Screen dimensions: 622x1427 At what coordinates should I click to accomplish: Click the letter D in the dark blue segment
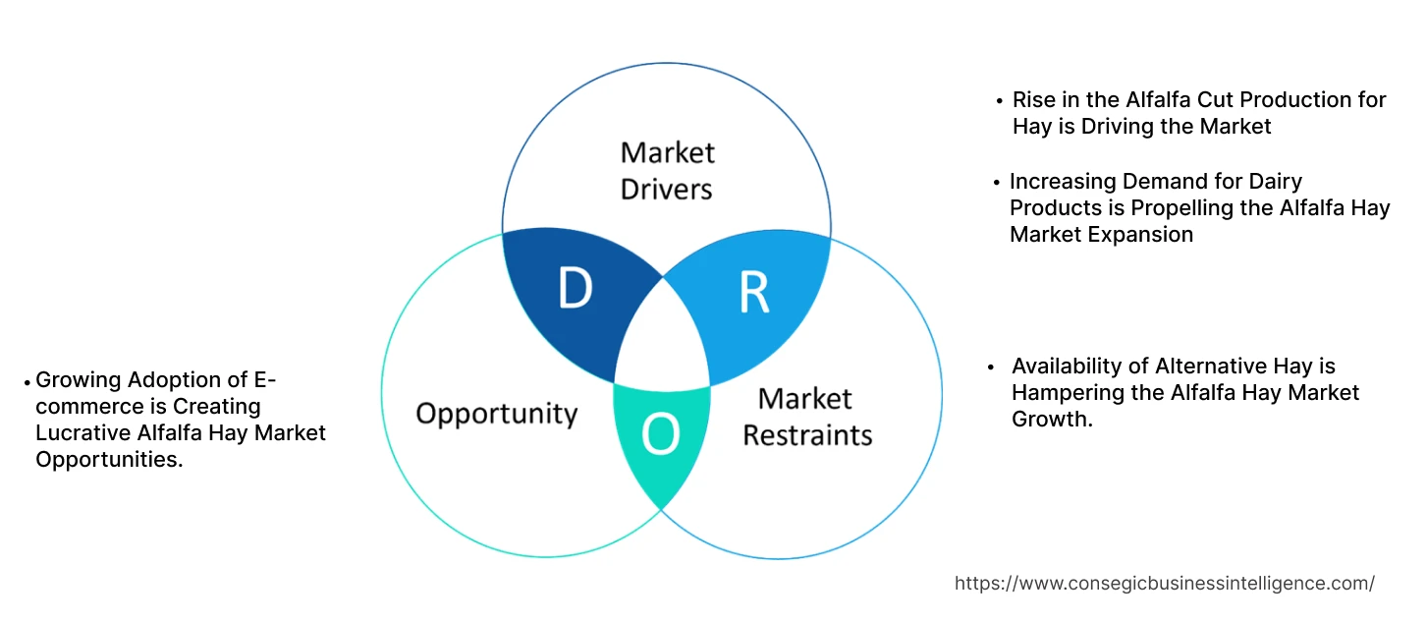click(x=575, y=289)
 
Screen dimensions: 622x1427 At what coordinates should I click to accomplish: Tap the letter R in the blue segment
click(x=753, y=293)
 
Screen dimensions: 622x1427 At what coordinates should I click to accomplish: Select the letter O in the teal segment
click(x=660, y=436)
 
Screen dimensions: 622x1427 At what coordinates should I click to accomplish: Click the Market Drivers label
click(x=667, y=170)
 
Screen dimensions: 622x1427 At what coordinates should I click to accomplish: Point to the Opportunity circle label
click(x=496, y=413)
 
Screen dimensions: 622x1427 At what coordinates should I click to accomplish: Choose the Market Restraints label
click(x=806, y=417)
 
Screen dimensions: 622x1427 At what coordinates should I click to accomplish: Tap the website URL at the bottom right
click(x=1164, y=584)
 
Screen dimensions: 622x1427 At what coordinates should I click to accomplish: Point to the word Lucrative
click(x=85, y=432)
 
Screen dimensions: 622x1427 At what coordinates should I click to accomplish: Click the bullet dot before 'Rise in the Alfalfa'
click(x=1000, y=100)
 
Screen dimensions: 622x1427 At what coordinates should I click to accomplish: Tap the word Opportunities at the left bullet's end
click(x=108, y=459)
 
